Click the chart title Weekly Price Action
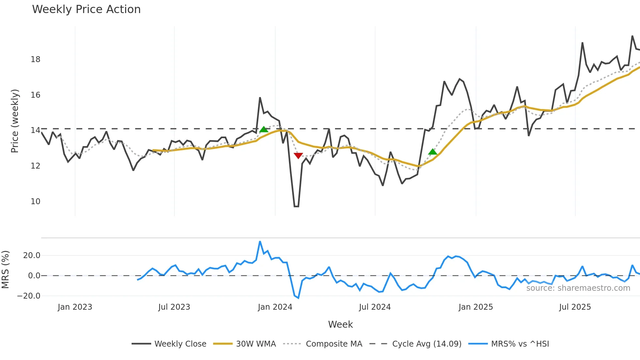pos(86,9)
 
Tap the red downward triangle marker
pos(298,155)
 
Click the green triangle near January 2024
pos(264,129)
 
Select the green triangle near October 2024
pos(433,152)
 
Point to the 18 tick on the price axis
pos(35,59)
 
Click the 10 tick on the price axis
pos(35,202)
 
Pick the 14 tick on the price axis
pos(35,130)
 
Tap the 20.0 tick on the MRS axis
pos(32,255)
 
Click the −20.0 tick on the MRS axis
pos(29,296)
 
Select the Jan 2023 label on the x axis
pos(75,307)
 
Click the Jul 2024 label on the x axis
pos(375,307)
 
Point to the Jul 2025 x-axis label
pos(575,307)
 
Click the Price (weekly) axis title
pos(15,121)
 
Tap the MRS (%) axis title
pos(5,270)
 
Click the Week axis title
pos(340,324)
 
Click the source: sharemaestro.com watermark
pos(578,288)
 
